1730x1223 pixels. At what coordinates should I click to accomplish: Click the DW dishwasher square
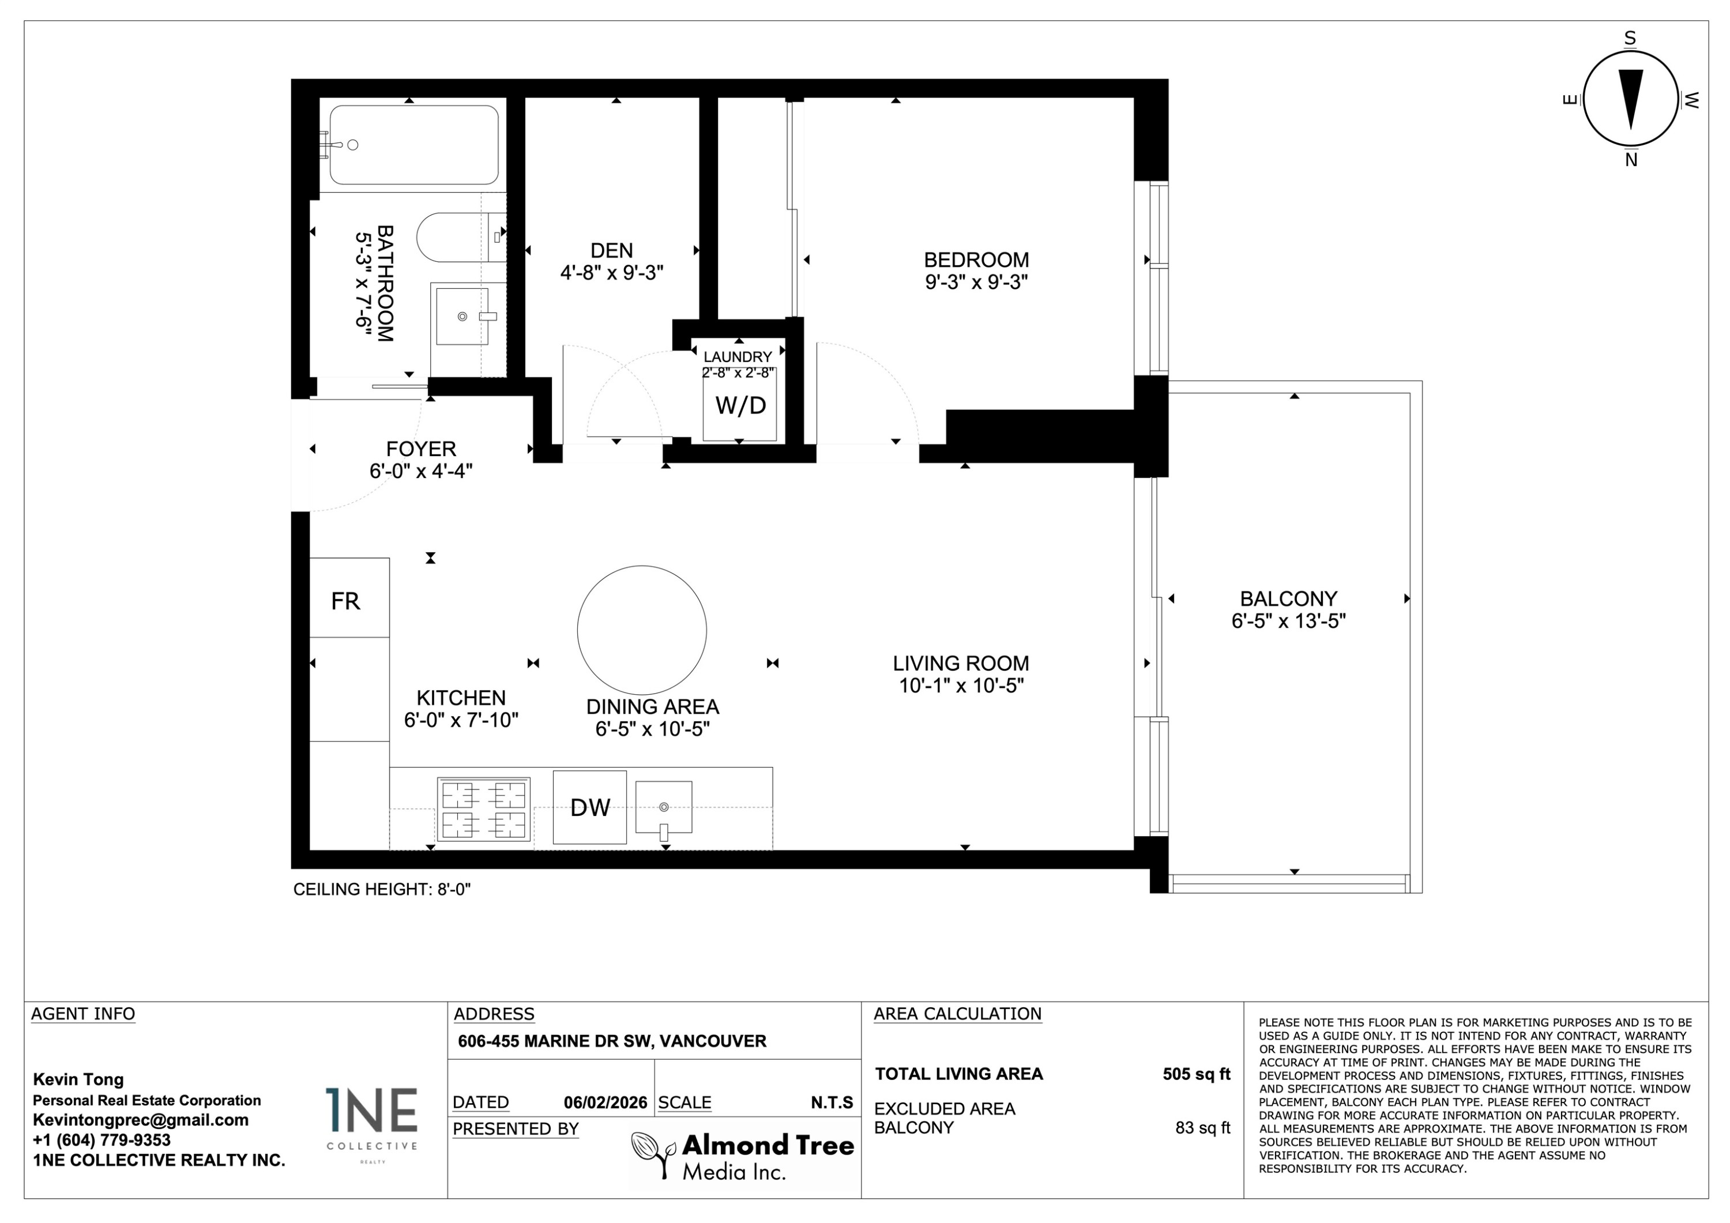pos(589,807)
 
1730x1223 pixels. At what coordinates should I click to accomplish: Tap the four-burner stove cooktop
pos(484,810)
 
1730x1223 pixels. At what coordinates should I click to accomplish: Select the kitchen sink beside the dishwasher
pos(663,807)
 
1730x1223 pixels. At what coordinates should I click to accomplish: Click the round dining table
pos(642,630)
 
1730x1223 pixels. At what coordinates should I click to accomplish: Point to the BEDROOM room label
pos(976,260)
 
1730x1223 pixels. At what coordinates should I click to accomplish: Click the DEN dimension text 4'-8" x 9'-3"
pos(611,273)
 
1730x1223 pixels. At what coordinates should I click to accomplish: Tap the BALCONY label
pos(1288,599)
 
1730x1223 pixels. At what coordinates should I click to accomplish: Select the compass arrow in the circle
pos(1631,100)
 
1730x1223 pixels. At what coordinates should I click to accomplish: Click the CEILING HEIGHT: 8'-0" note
pos(381,889)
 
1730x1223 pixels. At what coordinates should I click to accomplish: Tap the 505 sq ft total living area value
pos(1196,1074)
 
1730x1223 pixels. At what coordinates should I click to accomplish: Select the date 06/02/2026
pos(605,1102)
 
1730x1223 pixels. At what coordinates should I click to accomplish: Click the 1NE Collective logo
pos(371,1118)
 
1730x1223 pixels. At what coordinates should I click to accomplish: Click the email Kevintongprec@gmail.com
pos(140,1120)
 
